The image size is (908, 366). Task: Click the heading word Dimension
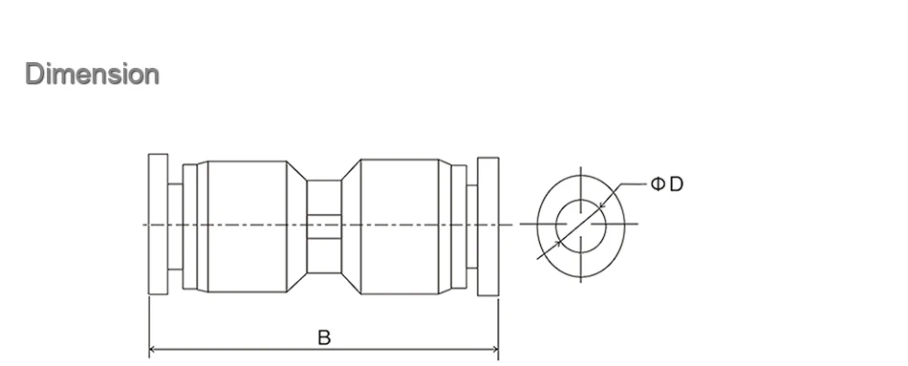[x=92, y=75]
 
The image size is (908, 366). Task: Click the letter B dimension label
[x=324, y=337]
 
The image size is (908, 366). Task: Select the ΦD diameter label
[x=667, y=184]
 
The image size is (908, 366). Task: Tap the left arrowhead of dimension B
[x=153, y=349]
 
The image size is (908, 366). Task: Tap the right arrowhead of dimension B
[x=494, y=349]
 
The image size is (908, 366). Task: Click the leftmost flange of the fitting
[x=158, y=225]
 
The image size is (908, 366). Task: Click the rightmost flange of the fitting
[x=488, y=226]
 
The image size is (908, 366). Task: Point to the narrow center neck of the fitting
[x=324, y=226]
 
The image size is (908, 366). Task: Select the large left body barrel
[x=248, y=226]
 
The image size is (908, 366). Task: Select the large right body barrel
[x=400, y=226]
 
